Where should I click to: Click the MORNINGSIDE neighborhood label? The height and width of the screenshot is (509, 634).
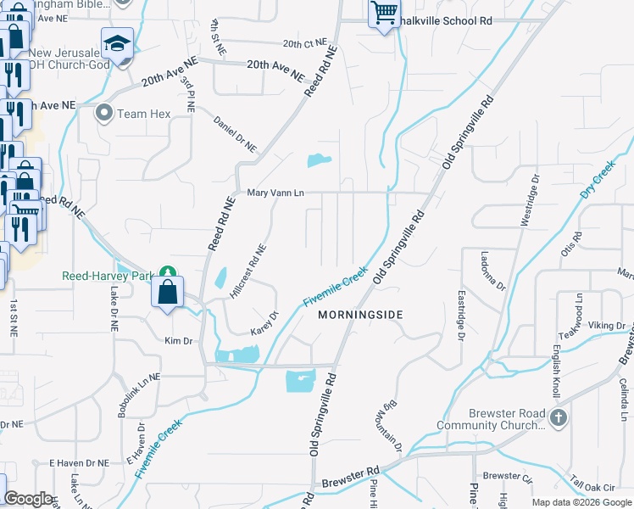(x=360, y=315)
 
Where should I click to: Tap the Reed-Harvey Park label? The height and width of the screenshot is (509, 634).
(x=107, y=276)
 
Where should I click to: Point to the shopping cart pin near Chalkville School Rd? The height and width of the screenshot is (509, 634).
(x=385, y=14)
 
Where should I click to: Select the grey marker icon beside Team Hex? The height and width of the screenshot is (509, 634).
(x=105, y=113)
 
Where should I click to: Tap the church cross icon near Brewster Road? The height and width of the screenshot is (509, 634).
(x=558, y=417)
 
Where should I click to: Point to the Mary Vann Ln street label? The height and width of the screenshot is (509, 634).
(x=275, y=193)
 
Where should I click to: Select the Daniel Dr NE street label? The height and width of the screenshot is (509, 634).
(x=235, y=134)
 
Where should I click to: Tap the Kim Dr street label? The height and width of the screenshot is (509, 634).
(x=179, y=340)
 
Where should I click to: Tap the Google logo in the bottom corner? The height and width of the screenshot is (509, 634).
(x=29, y=499)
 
